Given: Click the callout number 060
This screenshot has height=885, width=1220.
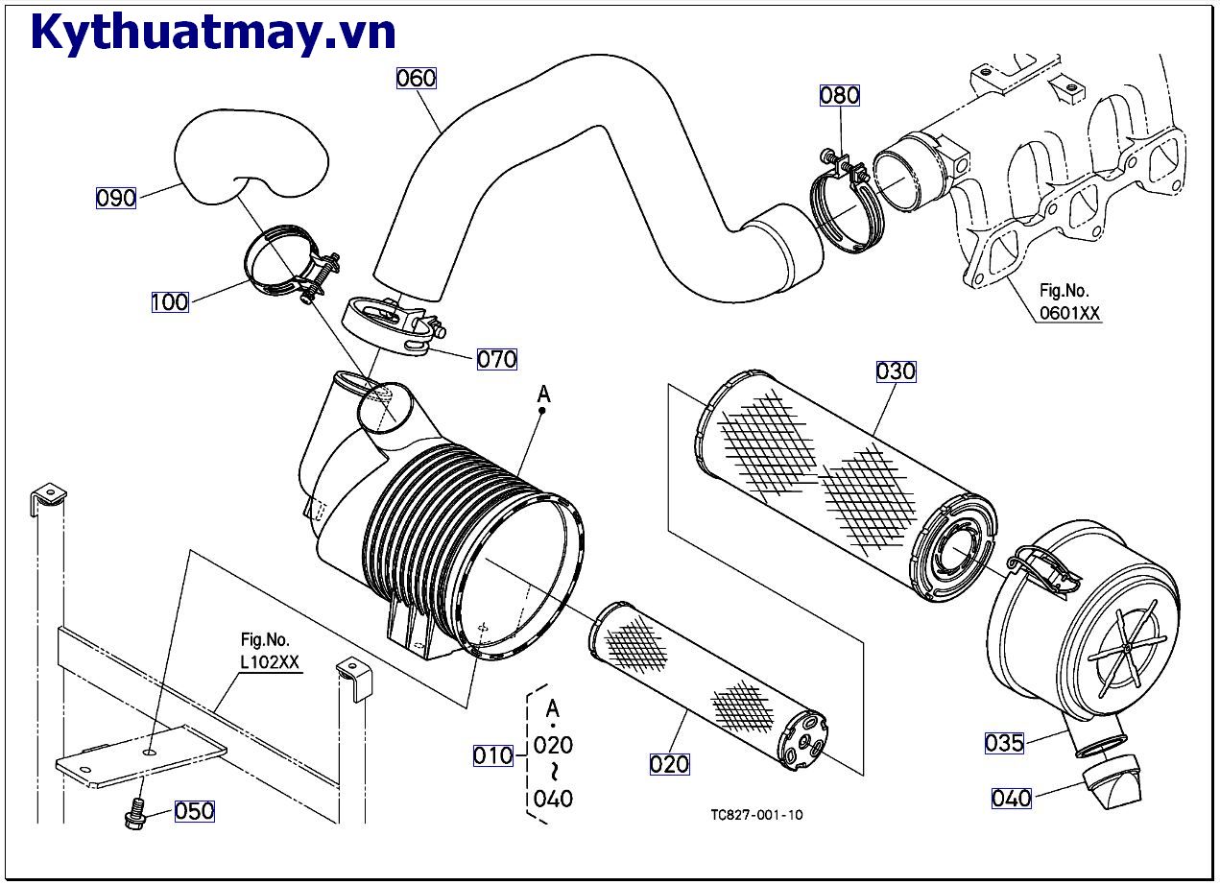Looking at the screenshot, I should point(417,78).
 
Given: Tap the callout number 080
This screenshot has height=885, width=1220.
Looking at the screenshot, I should point(839,95).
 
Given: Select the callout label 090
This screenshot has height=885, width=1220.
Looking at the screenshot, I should point(116,199).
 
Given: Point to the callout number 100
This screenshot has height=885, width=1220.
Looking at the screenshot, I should point(170,302).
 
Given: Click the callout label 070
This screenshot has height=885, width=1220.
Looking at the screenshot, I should point(497,359).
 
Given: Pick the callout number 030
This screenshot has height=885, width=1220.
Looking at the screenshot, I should point(896,371).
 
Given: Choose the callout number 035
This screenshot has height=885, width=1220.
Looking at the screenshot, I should point(1004,742).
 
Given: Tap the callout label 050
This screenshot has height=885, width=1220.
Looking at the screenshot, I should point(194,811).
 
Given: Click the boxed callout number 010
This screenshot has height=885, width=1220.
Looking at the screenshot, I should point(492,755).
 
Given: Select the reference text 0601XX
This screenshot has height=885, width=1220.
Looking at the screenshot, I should point(1069,312).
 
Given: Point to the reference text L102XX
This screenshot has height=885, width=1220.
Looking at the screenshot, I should point(271,663).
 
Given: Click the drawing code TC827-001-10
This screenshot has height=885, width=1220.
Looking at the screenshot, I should point(756,815).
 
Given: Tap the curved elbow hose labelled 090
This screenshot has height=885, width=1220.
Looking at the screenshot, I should point(250,156).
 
